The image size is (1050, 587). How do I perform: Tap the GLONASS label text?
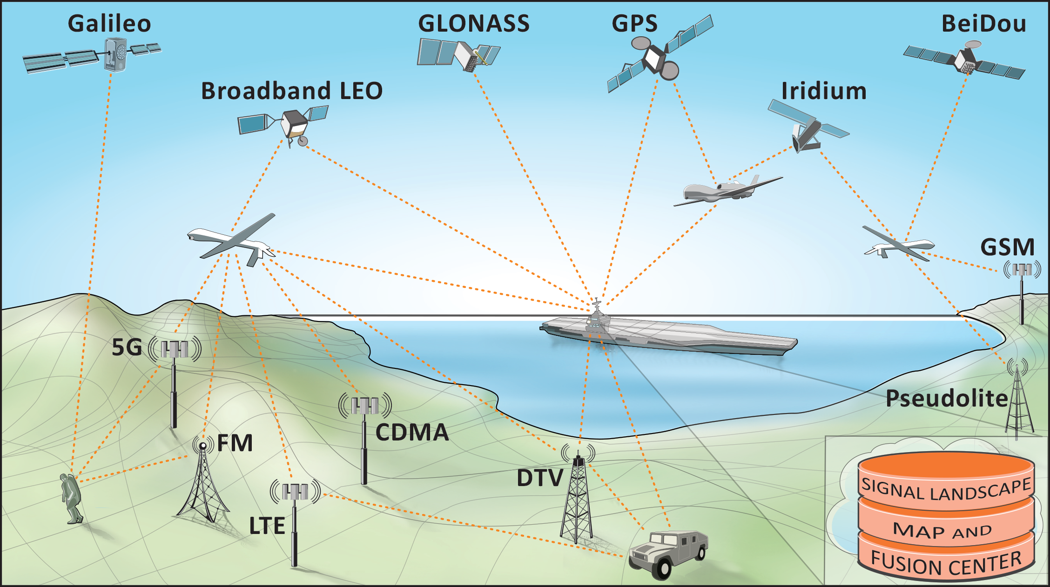[x=474, y=24]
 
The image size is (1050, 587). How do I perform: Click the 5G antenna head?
[x=175, y=349]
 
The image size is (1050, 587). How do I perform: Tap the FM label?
[x=235, y=443]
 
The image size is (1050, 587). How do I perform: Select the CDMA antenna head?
[x=365, y=406]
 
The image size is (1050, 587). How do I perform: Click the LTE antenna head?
[x=295, y=491]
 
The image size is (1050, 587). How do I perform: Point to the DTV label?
[x=540, y=478]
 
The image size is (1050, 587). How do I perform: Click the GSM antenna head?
[x=1022, y=270]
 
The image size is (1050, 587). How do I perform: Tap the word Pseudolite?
[x=946, y=399]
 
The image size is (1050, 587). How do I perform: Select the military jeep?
[x=668, y=554]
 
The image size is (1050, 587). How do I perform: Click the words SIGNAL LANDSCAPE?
[x=946, y=489]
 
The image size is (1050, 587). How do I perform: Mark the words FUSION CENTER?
[x=946, y=564]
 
